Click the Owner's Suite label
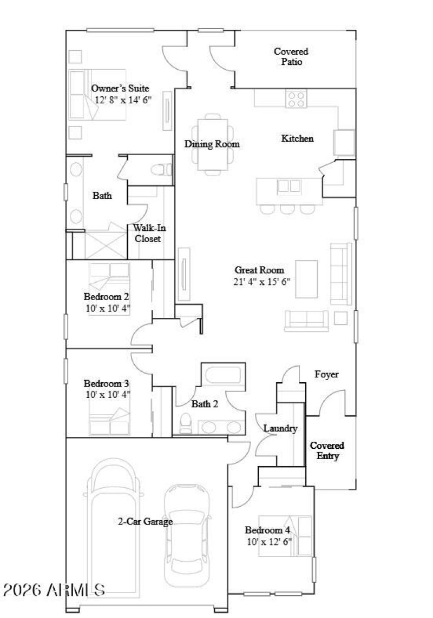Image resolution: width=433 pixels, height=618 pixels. [x=120, y=89]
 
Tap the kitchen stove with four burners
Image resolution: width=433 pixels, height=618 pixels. [x=296, y=98]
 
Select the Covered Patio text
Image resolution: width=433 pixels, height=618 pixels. [x=291, y=57]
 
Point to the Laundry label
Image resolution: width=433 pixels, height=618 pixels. [x=280, y=429]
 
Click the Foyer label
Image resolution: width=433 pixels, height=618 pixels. [x=327, y=374]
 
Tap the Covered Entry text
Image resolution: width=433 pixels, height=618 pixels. [x=327, y=451]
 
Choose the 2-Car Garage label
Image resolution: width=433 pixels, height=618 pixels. [x=145, y=522]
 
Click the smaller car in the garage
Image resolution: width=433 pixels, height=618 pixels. [x=187, y=535]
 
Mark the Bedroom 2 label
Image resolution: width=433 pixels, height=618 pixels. [x=106, y=297]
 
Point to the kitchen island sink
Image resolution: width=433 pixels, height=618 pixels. [x=289, y=187]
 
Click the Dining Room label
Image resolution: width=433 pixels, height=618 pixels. [x=212, y=144]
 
